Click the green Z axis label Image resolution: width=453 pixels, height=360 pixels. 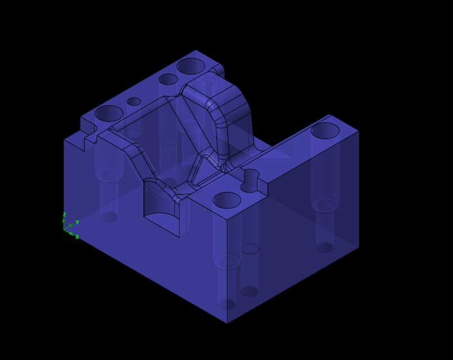coord(64,215)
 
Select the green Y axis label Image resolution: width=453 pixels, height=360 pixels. coord(77,223)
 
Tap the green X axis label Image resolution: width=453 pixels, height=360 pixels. coord(77,237)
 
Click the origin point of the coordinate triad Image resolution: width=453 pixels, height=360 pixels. coord(64,229)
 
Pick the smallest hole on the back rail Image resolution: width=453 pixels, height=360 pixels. coord(134,101)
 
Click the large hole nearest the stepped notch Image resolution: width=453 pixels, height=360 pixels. coord(109,113)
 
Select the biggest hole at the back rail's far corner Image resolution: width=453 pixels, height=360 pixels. coord(191,66)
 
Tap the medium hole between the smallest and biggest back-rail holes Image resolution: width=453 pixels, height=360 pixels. coord(168,79)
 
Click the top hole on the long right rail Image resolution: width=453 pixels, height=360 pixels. coord(325,130)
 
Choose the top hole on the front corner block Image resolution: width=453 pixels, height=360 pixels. coord(227,200)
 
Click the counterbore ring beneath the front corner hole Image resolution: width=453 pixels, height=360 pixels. coord(227,262)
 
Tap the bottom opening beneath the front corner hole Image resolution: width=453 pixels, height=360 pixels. coord(227,304)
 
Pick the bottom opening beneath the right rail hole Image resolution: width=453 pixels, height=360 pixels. coord(325,247)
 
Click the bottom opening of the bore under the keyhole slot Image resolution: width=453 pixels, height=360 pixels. coord(250,291)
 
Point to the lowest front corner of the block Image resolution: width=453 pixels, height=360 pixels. coord(227,323)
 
